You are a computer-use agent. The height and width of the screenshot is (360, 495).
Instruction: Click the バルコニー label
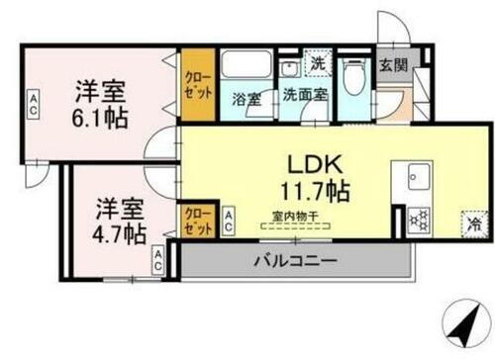(293, 262)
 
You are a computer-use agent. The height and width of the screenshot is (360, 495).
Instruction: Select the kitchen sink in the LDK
(416, 179)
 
